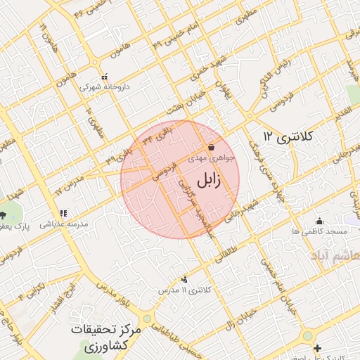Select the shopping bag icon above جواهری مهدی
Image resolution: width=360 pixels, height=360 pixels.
point(212,147)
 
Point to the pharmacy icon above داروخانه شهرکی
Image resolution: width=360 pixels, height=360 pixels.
point(105,77)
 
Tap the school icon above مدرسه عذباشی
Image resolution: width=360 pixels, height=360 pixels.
point(63,213)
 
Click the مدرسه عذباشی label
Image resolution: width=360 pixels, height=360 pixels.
point(63,224)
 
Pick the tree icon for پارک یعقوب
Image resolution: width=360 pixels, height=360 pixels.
point(3,213)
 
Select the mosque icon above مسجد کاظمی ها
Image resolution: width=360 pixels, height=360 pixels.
point(321,220)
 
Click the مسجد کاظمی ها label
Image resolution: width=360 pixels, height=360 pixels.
point(321,231)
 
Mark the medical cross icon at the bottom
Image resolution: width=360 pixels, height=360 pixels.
point(317,347)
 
